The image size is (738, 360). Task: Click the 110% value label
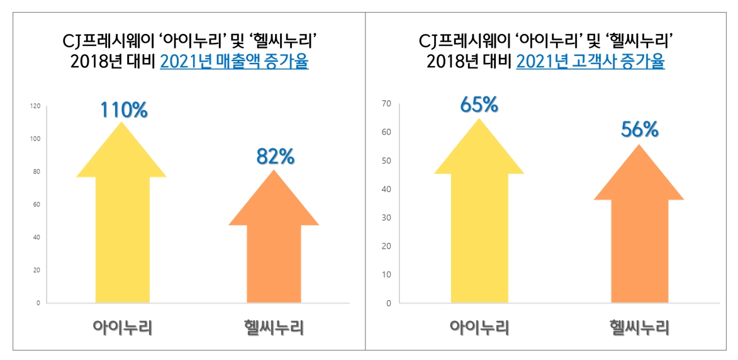(123, 110)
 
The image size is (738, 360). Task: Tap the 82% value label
(275, 157)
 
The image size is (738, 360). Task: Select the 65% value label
(479, 104)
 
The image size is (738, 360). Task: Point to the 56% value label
(639, 130)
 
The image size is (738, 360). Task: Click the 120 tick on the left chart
(35, 106)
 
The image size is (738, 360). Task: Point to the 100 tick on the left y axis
(35, 139)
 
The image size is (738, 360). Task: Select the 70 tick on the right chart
(386, 104)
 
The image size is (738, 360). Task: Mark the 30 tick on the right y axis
(386, 218)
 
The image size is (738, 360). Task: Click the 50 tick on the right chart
(386, 160)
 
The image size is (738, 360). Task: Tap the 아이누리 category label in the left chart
(122, 327)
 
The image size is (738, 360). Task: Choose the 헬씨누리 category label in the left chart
(274, 327)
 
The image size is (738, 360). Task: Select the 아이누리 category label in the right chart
(479, 328)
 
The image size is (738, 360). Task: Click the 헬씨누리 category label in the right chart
(639, 328)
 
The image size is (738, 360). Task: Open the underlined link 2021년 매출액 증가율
(234, 63)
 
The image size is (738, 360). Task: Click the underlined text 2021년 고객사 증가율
(590, 63)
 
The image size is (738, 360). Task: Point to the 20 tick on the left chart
(36, 270)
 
